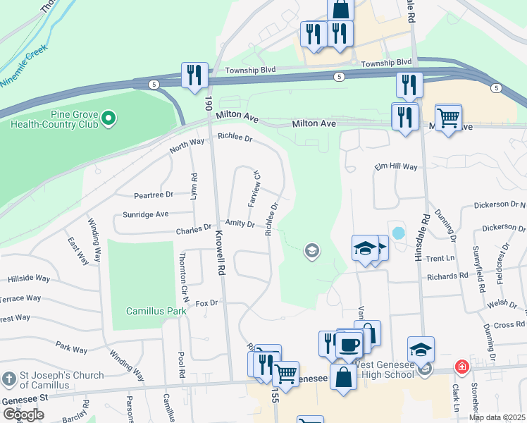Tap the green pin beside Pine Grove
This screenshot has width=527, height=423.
point(108,118)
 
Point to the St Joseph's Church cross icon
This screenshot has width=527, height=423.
point(9,380)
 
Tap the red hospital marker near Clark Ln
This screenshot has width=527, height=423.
point(461,367)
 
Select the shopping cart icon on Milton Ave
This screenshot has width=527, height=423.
point(448,117)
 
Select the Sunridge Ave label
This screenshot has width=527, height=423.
point(146,214)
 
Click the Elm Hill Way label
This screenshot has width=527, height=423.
point(396,167)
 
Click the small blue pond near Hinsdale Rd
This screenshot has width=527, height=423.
point(398,232)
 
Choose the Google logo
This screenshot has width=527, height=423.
point(23,414)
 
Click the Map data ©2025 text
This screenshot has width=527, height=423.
point(497,417)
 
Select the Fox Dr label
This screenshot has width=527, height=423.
point(208,302)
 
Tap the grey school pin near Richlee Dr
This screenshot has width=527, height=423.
point(311,250)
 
